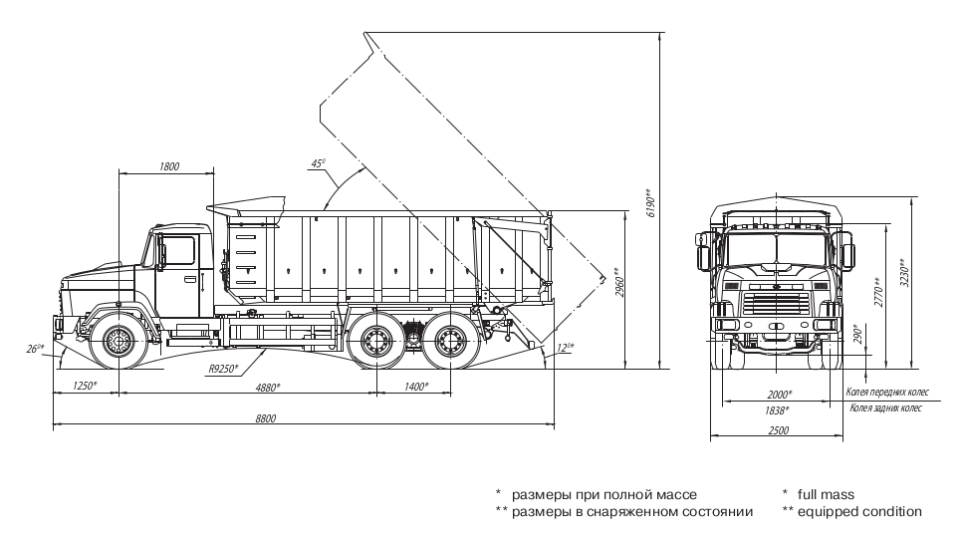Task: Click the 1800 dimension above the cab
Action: (x=168, y=166)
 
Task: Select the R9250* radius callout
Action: (x=223, y=369)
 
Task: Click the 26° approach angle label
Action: (x=37, y=348)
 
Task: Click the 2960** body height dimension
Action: (x=617, y=285)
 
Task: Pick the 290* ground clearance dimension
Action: (x=856, y=335)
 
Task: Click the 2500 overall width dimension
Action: (x=779, y=430)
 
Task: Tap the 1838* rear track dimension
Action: (x=777, y=409)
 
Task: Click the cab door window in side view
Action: (x=179, y=250)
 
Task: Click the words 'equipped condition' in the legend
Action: (x=865, y=511)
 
